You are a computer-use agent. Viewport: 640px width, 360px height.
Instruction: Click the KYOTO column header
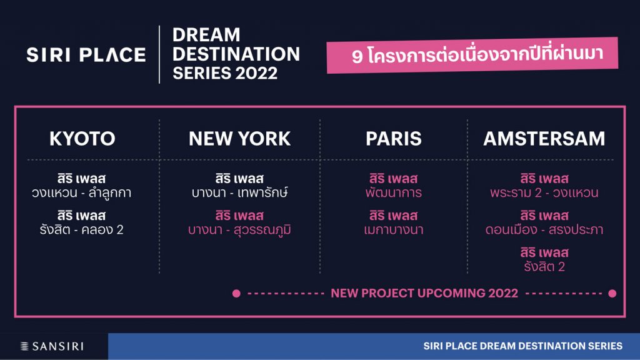pyautogui.click(x=82, y=139)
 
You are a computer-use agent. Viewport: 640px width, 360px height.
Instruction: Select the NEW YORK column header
pyautogui.click(x=239, y=139)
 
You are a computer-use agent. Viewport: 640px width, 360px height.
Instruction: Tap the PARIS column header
pyautogui.click(x=394, y=139)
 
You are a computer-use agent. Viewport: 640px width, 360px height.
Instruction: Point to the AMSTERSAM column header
pyautogui.click(x=544, y=139)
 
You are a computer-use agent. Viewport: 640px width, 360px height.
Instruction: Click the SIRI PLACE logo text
pyautogui.click(x=86, y=55)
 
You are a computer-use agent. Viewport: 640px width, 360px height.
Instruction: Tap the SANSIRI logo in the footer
pyautogui.click(x=52, y=346)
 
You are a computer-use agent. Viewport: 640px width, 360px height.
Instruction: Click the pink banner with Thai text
pyautogui.click(x=472, y=55)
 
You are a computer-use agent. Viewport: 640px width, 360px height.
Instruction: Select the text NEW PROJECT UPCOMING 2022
pyautogui.click(x=424, y=293)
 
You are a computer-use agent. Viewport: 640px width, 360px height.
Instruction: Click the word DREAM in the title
pyautogui.click(x=206, y=35)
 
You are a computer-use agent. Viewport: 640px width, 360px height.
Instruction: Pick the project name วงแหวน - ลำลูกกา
pyautogui.click(x=82, y=192)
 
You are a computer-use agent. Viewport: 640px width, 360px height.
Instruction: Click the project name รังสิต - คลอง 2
pyautogui.click(x=82, y=230)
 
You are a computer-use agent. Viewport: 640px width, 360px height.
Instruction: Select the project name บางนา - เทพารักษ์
pyautogui.click(x=239, y=192)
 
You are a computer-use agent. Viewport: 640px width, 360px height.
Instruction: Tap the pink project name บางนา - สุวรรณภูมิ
pyautogui.click(x=239, y=230)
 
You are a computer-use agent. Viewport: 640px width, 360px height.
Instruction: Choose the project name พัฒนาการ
pyautogui.click(x=394, y=192)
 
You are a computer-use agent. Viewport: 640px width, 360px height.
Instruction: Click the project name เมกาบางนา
pyautogui.click(x=394, y=230)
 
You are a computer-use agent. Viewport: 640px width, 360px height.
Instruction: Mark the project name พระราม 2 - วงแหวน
pyautogui.click(x=544, y=192)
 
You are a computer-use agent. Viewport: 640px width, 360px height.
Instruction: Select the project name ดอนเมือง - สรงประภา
pyautogui.click(x=544, y=230)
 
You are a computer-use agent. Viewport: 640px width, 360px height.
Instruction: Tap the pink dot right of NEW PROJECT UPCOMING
pyautogui.click(x=612, y=294)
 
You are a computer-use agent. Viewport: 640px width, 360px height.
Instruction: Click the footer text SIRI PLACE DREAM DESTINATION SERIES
pyautogui.click(x=523, y=346)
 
